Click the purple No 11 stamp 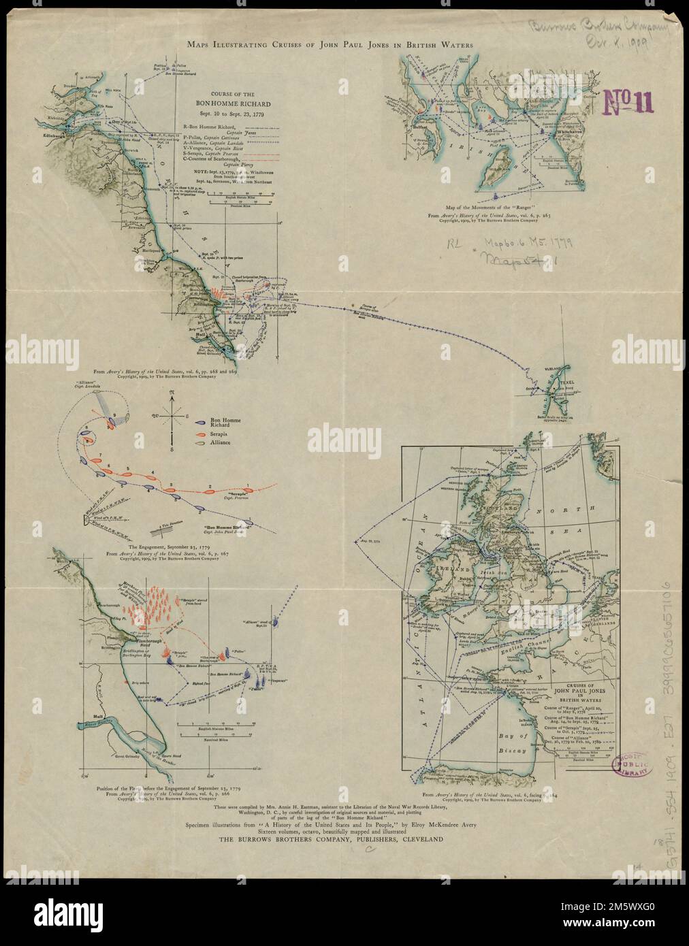click(623, 102)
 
